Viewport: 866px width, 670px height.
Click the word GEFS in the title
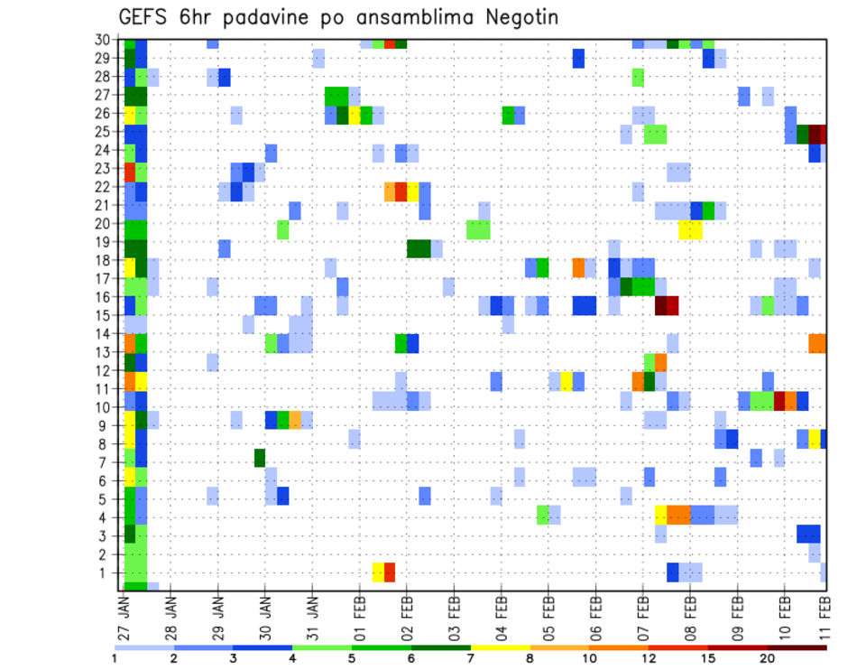coord(143,17)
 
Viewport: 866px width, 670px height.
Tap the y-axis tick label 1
coord(110,572)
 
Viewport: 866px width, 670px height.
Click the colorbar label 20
coord(768,658)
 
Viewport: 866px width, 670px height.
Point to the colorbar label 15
coord(708,658)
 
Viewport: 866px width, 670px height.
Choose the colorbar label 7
coord(470,658)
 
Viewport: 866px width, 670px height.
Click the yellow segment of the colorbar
coord(500,647)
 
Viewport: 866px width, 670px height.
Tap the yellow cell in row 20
coord(690,229)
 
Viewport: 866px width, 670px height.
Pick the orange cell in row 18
coord(578,268)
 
